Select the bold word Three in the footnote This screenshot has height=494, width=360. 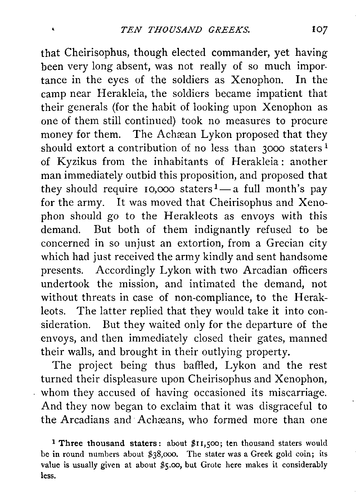click(72, 443)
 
